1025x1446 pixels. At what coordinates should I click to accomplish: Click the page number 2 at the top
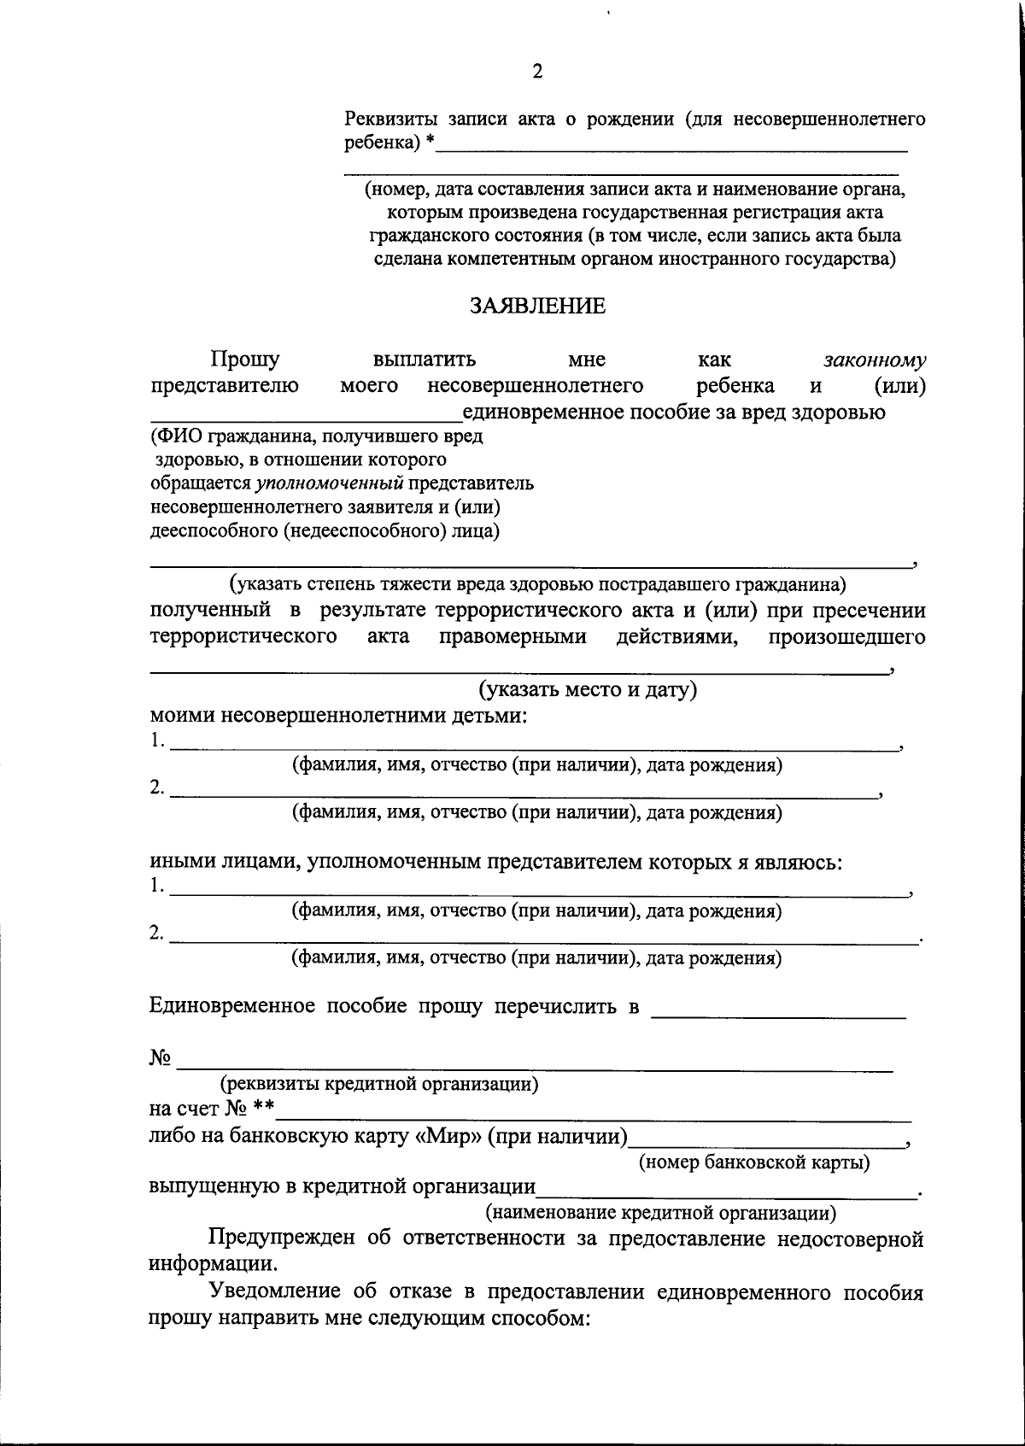[x=537, y=72]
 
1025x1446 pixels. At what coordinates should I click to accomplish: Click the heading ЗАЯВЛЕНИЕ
[x=537, y=307]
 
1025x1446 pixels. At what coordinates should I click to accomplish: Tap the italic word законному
[x=875, y=360]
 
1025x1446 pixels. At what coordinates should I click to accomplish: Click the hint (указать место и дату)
[x=588, y=689]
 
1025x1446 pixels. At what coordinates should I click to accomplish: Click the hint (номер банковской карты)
[x=755, y=1162]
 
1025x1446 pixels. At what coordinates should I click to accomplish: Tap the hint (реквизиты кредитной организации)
[x=379, y=1084]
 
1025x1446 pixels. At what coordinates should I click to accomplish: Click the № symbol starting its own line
[x=161, y=1058]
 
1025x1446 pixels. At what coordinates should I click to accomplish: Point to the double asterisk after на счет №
[x=263, y=1109]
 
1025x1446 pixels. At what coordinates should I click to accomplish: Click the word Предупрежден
[x=282, y=1238]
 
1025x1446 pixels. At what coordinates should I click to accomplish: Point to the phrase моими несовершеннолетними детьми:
[x=338, y=715]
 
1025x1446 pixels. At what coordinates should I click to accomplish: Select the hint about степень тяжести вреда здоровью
[x=537, y=585]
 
